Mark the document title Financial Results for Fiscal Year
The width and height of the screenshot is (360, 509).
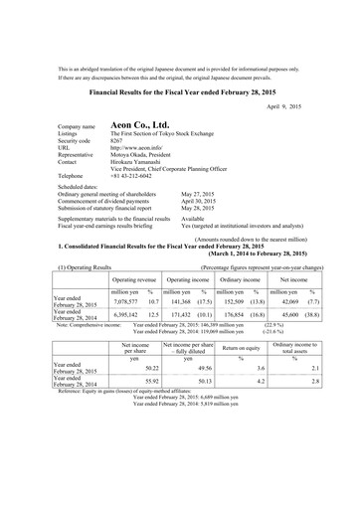180,88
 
